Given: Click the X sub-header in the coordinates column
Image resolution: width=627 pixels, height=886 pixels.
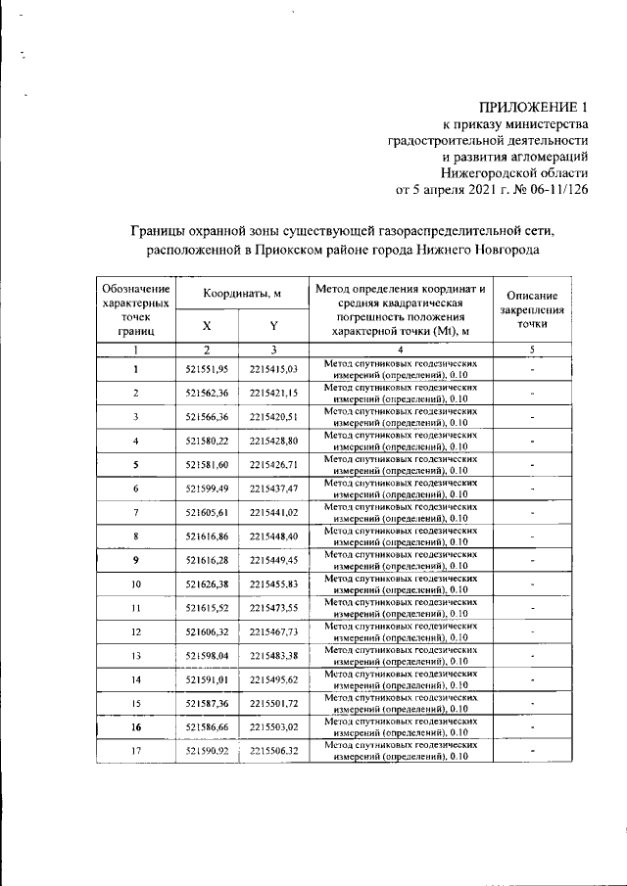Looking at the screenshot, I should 207,325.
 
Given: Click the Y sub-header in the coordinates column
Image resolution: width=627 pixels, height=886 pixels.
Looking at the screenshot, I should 274,325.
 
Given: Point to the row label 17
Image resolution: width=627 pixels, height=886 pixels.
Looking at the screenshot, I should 136,751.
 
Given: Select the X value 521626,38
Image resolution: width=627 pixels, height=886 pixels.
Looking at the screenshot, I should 207,583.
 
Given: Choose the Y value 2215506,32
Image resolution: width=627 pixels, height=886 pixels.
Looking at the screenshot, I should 274,751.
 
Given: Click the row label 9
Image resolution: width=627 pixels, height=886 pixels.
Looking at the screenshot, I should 136,560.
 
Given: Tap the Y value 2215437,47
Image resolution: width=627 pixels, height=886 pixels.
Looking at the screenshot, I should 274,489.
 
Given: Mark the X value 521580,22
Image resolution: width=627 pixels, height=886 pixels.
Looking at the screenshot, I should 207,441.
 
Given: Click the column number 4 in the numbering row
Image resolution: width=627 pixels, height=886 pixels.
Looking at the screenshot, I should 401,350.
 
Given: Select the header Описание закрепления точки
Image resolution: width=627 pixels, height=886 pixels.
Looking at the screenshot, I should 532,309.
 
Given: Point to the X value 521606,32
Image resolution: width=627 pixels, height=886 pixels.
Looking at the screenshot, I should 207,631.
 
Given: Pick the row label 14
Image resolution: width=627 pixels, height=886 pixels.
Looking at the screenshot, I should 136,679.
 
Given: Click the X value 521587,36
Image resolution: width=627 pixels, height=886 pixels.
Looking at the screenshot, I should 207,703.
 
